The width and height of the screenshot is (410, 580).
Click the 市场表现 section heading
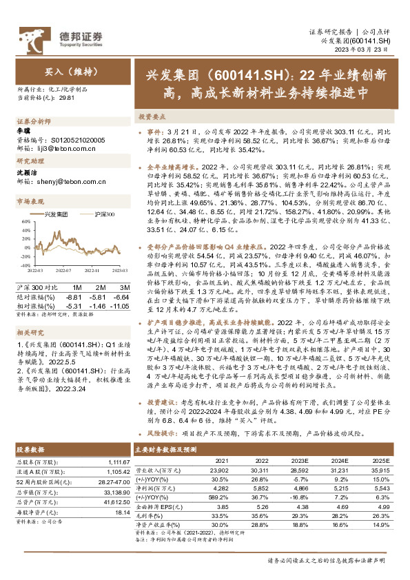coord(30,201)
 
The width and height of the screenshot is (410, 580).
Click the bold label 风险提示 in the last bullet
coord(163,435)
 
